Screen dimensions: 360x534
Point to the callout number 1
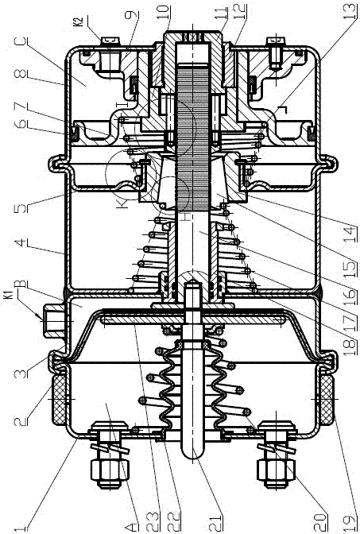click(x=21, y=528)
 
